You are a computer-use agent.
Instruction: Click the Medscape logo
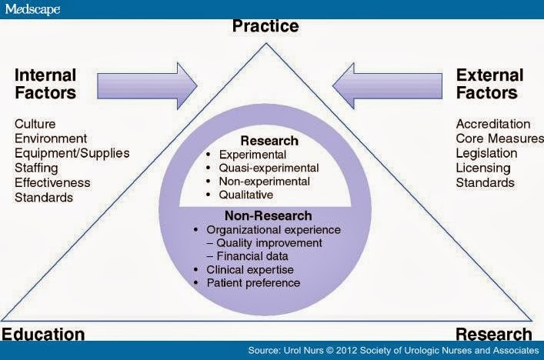(x=32, y=8)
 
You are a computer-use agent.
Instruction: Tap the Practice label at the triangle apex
(x=265, y=27)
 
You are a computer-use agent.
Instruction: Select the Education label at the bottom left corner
(x=43, y=334)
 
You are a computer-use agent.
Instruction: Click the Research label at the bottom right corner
(x=493, y=334)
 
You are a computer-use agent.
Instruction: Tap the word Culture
(x=35, y=124)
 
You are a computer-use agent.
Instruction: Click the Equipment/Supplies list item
(x=72, y=153)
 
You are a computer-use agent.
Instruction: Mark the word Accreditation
(x=493, y=124)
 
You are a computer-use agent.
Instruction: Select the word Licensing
(x=483, y=168)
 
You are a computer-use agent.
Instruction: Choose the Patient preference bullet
(x=254, y=283)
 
